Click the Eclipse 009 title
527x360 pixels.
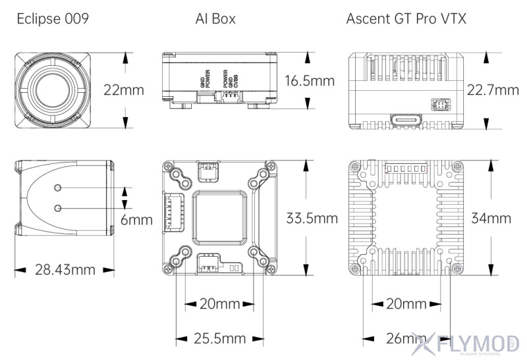coord(53,18)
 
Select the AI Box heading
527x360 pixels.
coord(215,18)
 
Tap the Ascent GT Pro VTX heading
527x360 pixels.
coord(406,18)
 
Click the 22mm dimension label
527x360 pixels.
coord(123,91)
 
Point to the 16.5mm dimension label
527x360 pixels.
coord(310,82)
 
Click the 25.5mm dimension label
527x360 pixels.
coord(219,339)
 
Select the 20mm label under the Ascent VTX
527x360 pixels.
coord(406,304)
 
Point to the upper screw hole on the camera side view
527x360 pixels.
coord(59,189)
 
